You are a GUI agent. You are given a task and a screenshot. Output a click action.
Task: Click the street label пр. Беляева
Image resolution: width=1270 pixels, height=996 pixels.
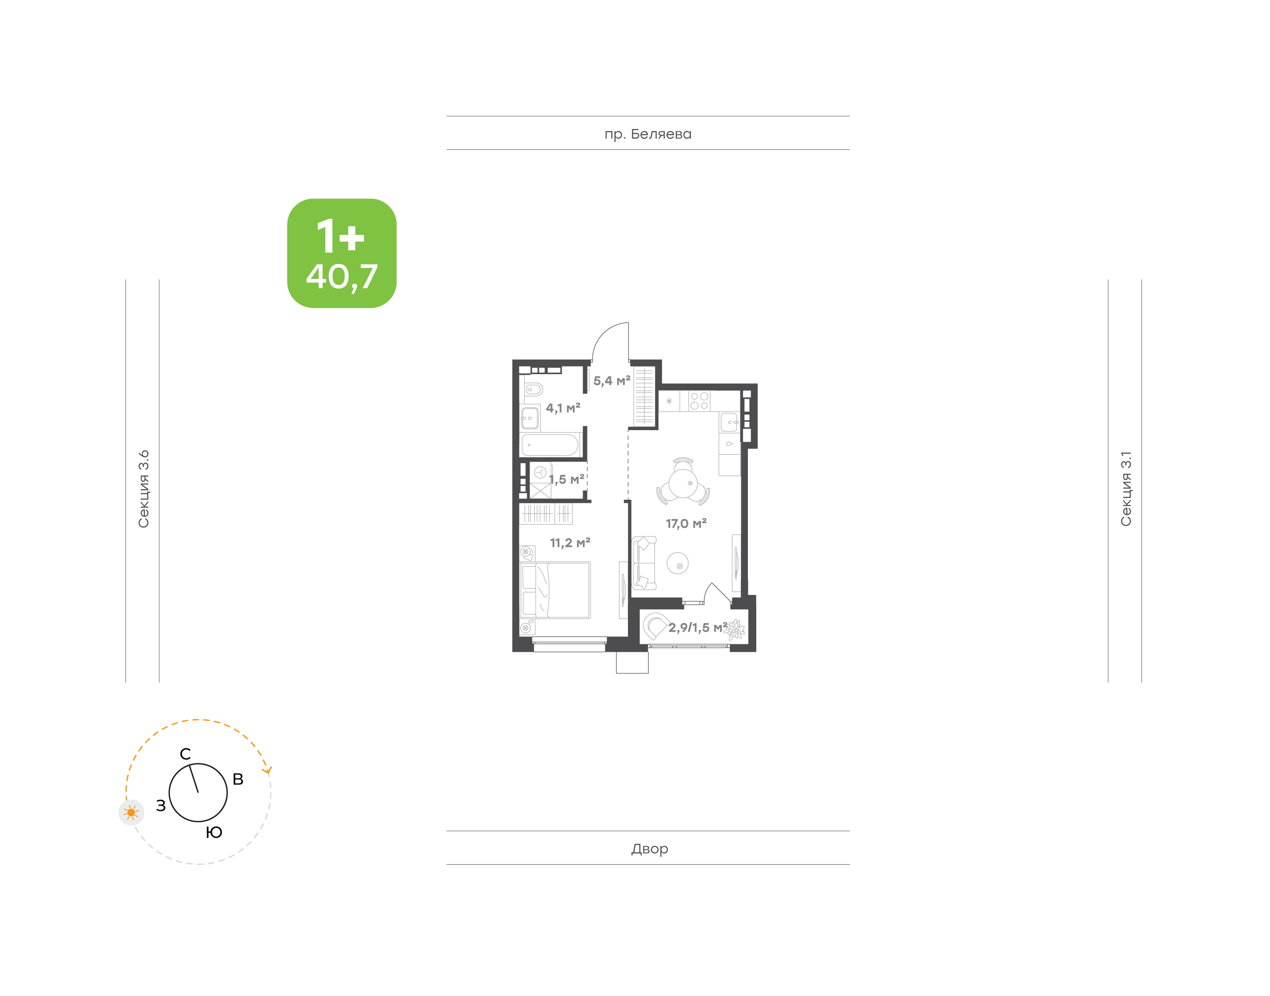pyautogui.click(x=647, y=134)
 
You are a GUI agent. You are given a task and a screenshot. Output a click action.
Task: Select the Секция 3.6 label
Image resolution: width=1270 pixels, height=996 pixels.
pyautogui.click(x=143, y=489)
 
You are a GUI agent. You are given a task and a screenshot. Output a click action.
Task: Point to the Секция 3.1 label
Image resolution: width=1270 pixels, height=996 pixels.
pyautogui.click(x=1125, y=489)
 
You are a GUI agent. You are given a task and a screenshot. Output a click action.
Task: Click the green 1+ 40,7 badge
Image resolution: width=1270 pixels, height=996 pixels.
pyautogui.click(x=341, y=253)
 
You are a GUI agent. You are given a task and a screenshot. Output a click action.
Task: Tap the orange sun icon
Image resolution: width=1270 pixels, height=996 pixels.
pyautogui.click(x=131, y=812)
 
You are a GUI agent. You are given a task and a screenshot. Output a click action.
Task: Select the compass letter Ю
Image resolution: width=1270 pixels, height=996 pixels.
pyautogui.click(x=214, y=832)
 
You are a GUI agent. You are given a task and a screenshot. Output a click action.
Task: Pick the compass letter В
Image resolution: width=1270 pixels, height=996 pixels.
pyautogui.click(x=238, y=779)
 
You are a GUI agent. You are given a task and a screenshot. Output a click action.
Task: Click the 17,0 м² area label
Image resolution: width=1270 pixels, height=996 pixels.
pyautogui.click(x=686, y=524)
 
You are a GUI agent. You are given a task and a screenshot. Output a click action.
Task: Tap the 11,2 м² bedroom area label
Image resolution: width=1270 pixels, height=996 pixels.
pyautogui.click(x=570, y=543)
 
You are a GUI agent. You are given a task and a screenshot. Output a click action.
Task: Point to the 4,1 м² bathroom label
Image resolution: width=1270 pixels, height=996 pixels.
pyautogui.click(x=563, y=408)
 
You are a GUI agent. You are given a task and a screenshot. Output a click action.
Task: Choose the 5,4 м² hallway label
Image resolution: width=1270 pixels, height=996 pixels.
pyautogui.click(x=612, y=381)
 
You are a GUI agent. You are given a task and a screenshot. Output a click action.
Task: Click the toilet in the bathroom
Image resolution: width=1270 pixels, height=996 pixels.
pyautogui.click(x=533, y=389)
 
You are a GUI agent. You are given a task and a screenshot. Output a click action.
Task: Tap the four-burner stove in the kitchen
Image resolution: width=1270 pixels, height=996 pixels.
pyautogui.click(x=699, y=401)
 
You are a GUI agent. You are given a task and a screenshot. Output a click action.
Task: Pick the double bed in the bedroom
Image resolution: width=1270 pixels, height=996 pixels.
pyautogui.click(x=555, y=590)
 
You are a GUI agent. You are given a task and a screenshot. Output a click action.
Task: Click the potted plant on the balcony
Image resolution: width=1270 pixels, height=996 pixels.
pyautogui.click(x=735, y=630)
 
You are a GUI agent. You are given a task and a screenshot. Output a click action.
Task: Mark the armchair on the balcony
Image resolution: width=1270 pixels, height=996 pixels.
pyautogui.click(x=654, y=626)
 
